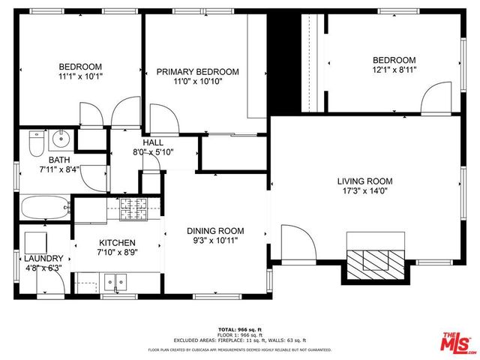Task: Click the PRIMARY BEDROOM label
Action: pos(197,72)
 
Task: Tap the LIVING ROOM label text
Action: pos(364,181)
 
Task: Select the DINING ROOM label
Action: pos(215,231)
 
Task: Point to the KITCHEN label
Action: pos(118,243)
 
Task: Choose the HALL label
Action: pos(153,142)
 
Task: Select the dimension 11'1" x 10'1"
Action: pos(80,76)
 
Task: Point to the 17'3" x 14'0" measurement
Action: pos(364,191)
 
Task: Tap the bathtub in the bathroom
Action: pos(44,208)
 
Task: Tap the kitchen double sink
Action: pos(116,283)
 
